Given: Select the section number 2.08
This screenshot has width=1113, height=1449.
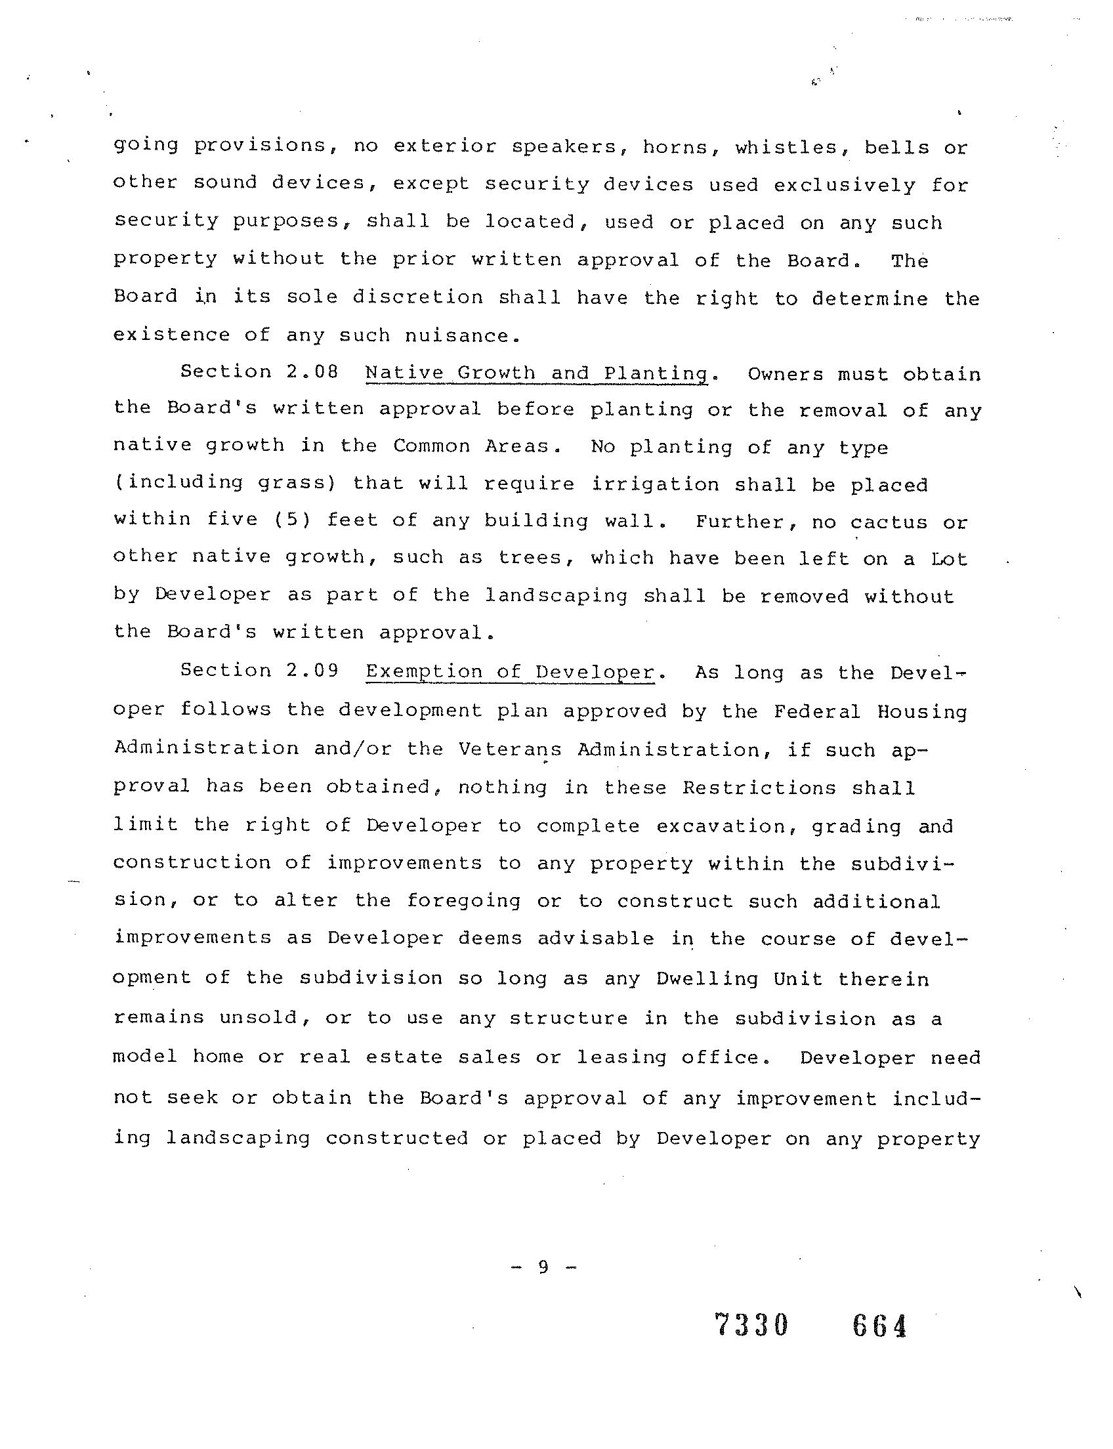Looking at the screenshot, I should coord(312,371).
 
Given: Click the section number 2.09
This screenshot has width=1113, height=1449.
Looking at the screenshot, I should coord(312,671).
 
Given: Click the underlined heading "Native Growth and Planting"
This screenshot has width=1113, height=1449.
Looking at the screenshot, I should coord(537,373).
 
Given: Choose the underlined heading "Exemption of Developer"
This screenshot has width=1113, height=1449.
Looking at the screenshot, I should coord(510,672).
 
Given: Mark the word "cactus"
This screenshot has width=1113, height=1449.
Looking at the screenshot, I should coord(889,522).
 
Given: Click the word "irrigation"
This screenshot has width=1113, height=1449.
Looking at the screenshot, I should coord(654,484).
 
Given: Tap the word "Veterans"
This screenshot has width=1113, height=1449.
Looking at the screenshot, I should coord(509,749).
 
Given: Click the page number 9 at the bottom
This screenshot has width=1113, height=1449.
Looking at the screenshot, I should coord(543,1266).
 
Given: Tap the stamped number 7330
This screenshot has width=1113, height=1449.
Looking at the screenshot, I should coord(752,1326).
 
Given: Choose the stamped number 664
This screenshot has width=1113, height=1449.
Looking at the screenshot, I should coord(879,1326).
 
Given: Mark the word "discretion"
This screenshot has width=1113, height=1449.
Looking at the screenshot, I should coord(417,297).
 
